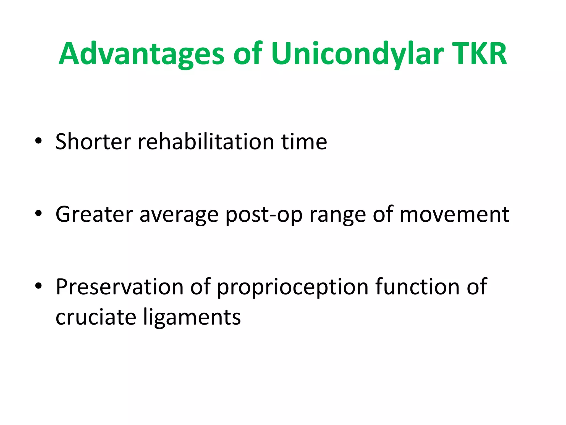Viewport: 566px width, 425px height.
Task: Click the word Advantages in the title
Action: pos(141,54)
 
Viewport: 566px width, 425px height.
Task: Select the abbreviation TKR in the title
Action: pos(479,54)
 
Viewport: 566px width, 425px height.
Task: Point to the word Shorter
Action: pos(93,141)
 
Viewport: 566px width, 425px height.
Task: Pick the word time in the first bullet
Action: pos(304,141)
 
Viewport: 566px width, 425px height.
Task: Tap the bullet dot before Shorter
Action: pos(38,141)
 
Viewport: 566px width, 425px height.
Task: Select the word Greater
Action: pos(94,214)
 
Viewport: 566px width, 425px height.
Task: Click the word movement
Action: pos(454,214)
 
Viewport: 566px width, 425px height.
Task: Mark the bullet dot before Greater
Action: pos(38,213)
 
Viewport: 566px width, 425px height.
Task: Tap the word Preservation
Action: pos(120,287)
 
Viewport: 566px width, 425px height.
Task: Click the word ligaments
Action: pos(192,317)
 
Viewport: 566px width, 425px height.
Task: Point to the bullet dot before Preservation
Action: pos(38,286)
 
